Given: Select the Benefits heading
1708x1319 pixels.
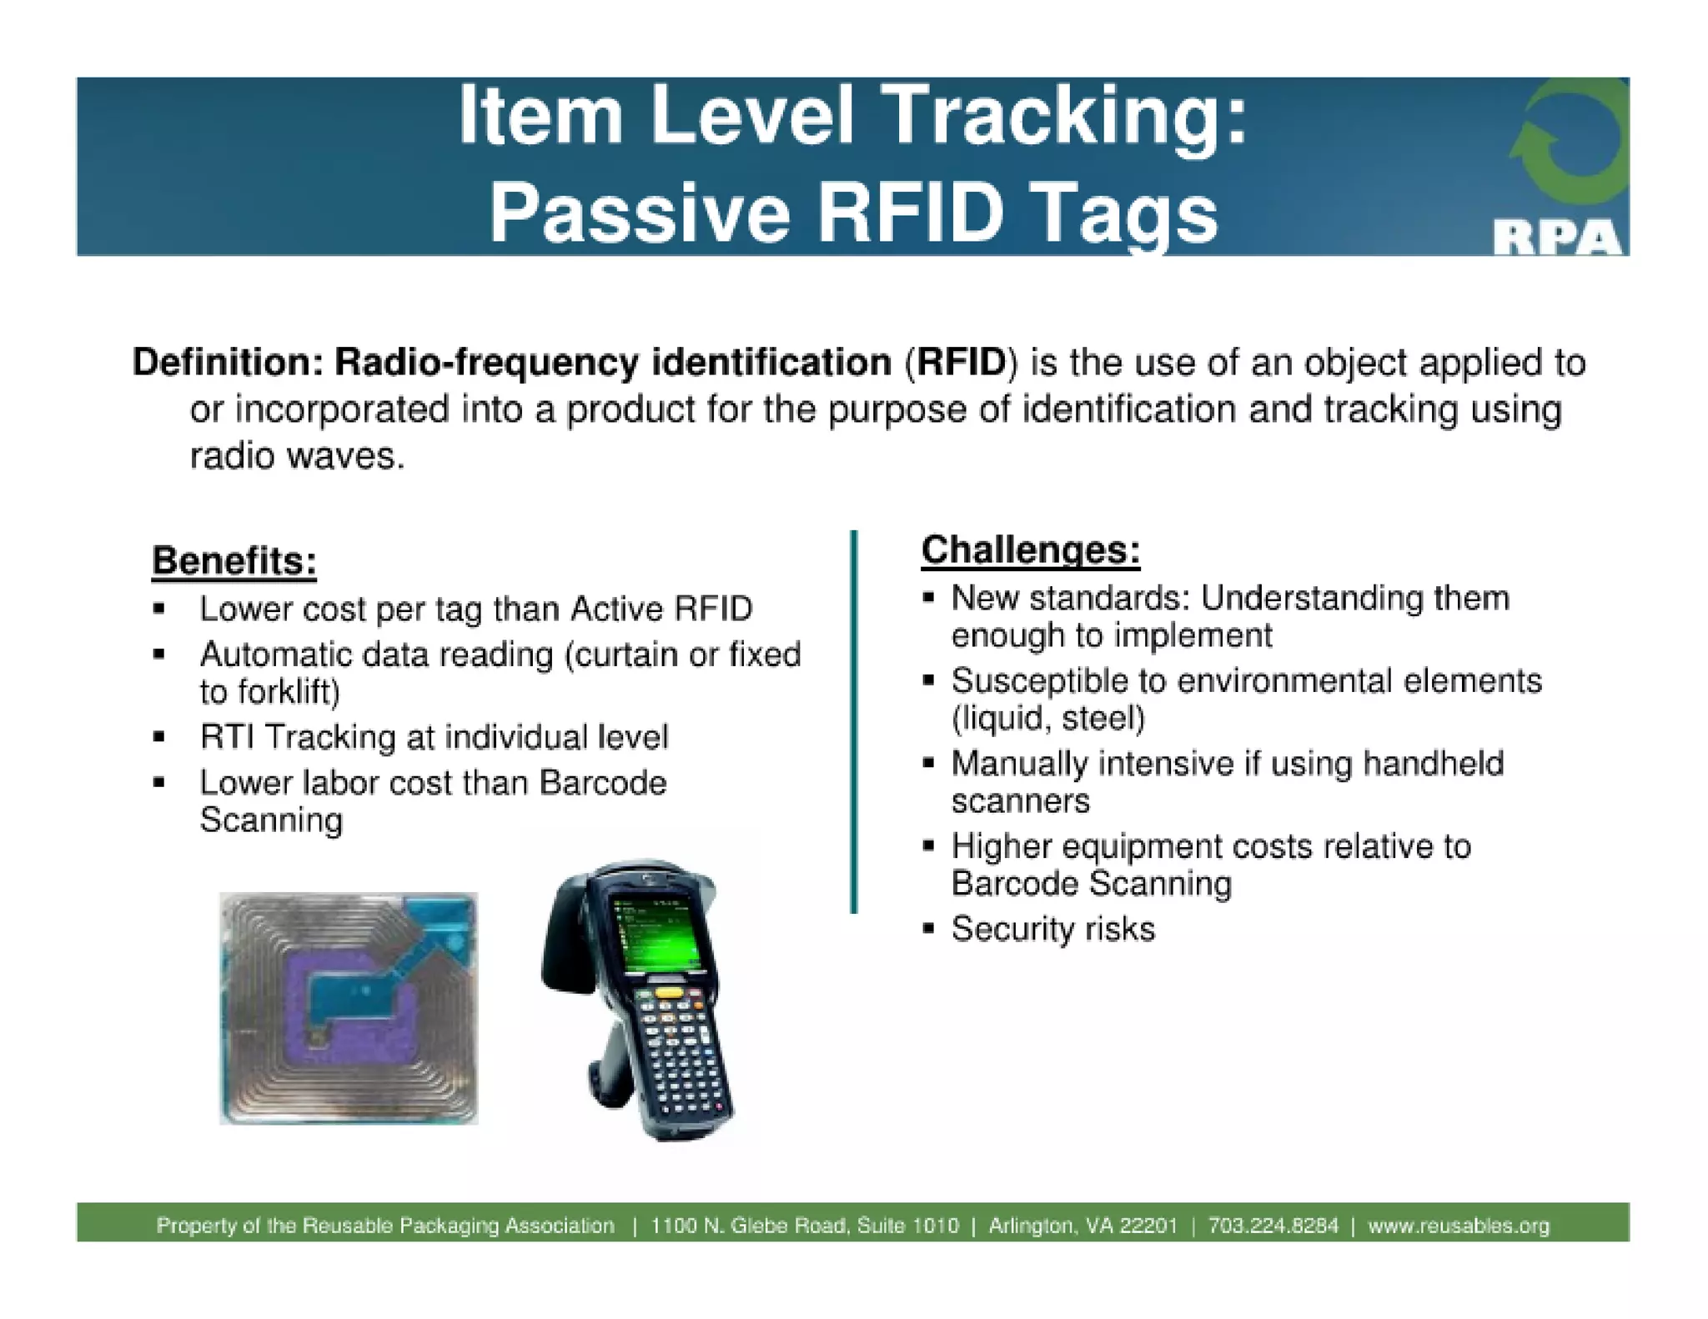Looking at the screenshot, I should [234, 560].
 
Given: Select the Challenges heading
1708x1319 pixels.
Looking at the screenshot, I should [1030, 550].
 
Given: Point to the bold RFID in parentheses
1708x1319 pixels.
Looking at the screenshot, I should [961, 363].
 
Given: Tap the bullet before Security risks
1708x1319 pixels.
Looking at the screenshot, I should [928, 928].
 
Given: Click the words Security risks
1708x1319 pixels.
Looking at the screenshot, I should [1052, 929].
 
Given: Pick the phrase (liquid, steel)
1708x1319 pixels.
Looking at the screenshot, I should [1048, 718].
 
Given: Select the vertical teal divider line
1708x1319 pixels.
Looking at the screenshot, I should [853, 721].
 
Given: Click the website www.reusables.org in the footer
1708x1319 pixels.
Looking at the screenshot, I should [1458, 1226].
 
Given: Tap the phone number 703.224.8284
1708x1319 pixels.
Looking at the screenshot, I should [1273, 1226].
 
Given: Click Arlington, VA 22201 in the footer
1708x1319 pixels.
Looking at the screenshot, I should [1083, 1226].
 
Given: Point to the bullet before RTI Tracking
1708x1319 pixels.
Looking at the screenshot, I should [158, 737].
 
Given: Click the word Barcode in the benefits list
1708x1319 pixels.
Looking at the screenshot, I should [602, 783].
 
